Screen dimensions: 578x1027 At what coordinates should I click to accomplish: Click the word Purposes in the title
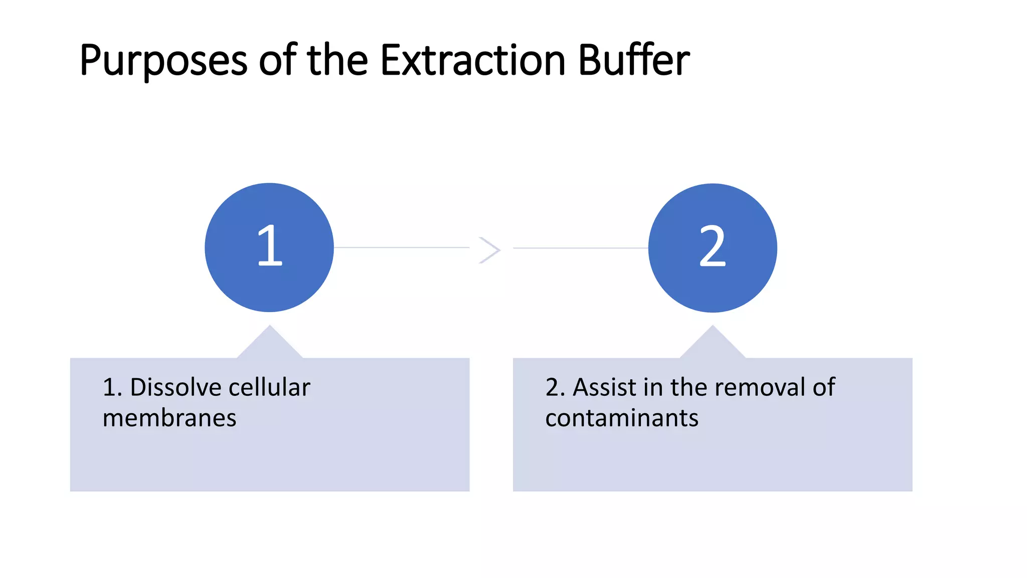[x=163, y=61]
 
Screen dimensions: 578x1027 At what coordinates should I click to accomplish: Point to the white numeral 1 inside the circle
[x=270, y=246]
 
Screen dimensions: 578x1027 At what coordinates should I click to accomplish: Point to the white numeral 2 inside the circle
[x=713, y=246]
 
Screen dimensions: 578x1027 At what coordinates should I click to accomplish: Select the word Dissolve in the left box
[x=170, y=387]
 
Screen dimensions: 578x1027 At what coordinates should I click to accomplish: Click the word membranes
[x=169, y=418]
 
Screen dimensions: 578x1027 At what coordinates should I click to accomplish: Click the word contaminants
[x=622, y=418]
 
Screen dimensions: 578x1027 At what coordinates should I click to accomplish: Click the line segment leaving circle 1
[x=401, y=247]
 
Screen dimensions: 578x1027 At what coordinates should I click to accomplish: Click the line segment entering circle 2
[x=581, y=248]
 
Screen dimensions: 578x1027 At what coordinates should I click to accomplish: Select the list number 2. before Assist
[x=555, y=387]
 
